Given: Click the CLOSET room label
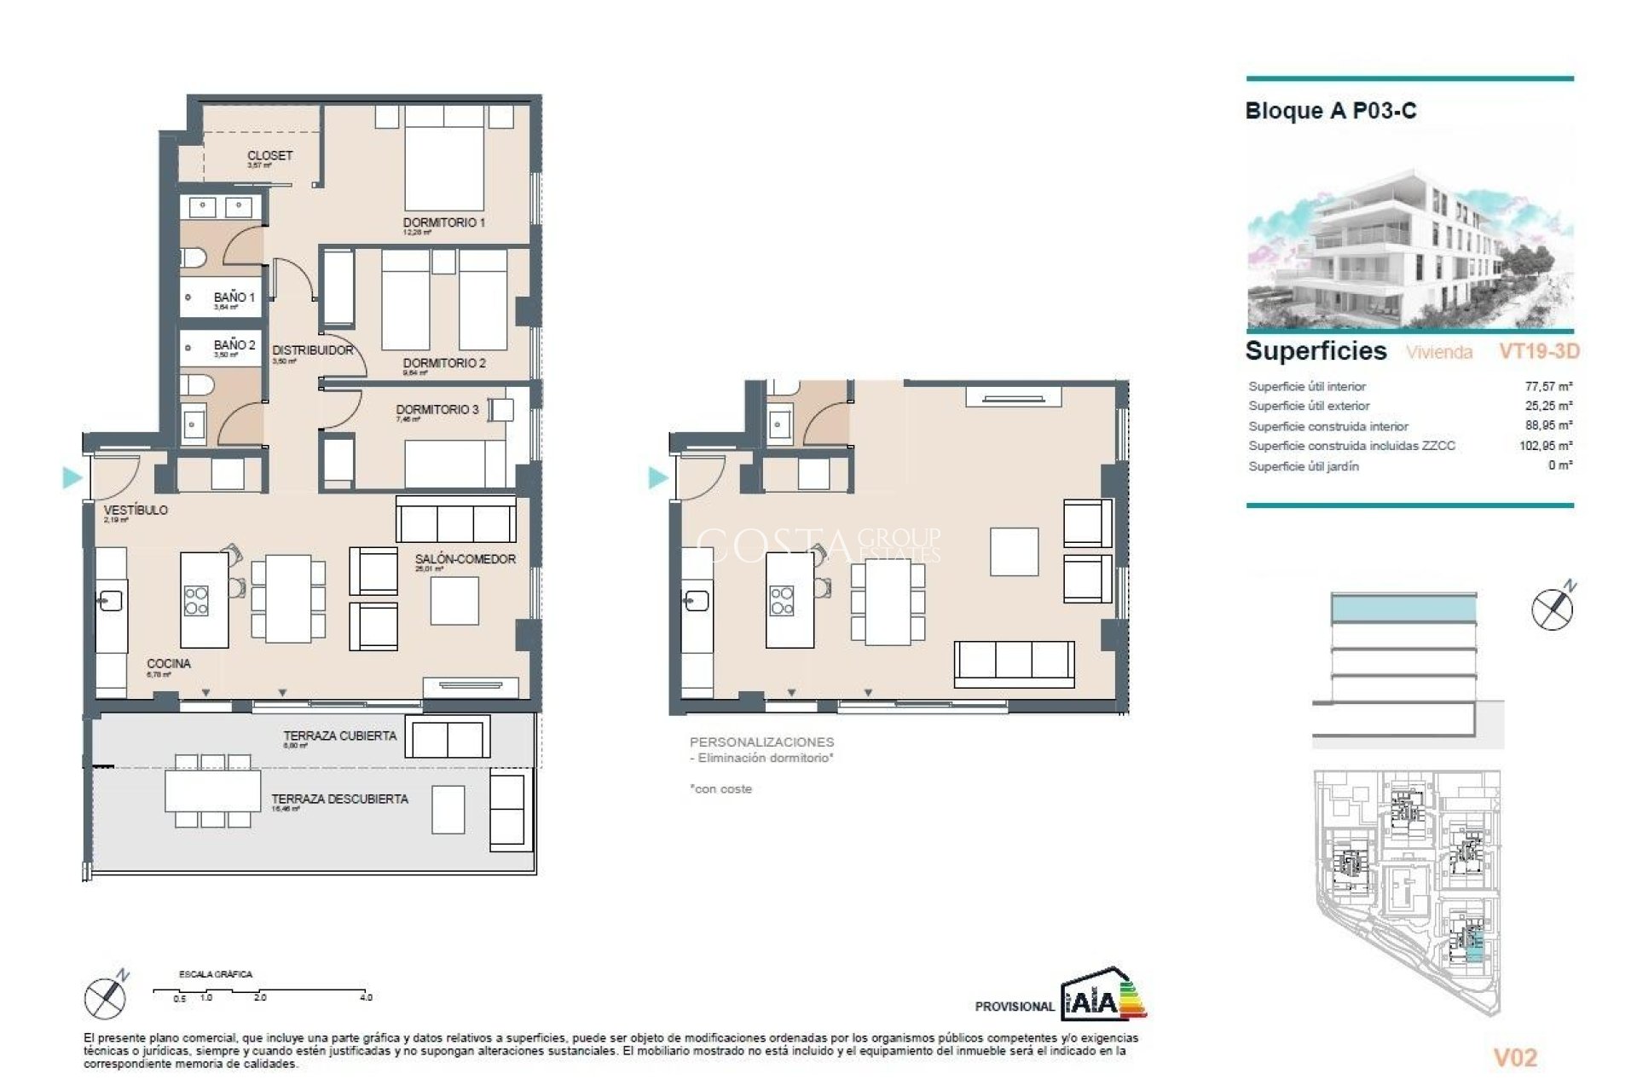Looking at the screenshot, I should (x=269, y=156).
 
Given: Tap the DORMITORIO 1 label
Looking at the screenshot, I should (x=443, y=222).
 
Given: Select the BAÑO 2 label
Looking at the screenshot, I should (x=234, y=345).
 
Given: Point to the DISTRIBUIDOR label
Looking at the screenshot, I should (x=312, y=350).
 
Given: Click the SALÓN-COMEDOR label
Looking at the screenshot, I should (x=465, y=559).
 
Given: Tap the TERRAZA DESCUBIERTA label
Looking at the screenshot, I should (x=339, y=799).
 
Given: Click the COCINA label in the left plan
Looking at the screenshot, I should (x=169, y=663).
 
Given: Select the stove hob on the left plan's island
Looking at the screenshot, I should (x=196, y=600).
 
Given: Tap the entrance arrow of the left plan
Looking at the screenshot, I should (x=72, y=477).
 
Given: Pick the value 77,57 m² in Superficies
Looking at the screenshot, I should (x=1548, y=386).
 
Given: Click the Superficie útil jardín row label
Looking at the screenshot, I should (x=1304, y=466).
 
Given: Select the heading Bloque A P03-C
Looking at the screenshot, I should (x=1330, y=111).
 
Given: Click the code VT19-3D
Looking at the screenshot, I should (x=1539, y=351).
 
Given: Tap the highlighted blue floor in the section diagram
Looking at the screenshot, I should (x=1403, y=608).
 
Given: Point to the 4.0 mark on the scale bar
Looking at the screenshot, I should (x=366, y=996).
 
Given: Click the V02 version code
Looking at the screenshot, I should (x=1515, y=1058).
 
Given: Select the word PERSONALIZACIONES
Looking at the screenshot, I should (x=761, y=742).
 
